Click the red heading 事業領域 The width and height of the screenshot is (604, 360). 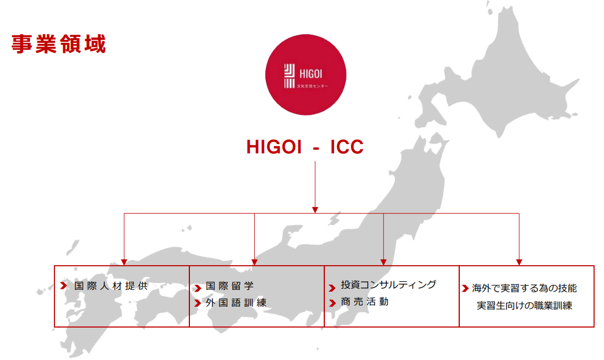click(x=58, y=44)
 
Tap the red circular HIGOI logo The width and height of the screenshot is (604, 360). click(x=305, y=75)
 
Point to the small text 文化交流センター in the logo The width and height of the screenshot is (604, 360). click(x=313, y=86)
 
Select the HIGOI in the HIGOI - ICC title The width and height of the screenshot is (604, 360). click(x=274, y=146)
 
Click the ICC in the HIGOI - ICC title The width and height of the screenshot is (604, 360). click(x=347, y=146)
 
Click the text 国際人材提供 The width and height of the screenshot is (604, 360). click(x=111, y=286)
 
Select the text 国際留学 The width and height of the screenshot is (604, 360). click(x=229, y=286)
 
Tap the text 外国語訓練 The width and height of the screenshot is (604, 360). click(x=236, y=303)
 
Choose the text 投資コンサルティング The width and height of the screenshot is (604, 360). click(x=388, y=285)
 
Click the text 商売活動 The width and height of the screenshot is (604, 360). click(x=364, y=302)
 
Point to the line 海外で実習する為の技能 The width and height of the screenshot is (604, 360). click(x=524, y=288)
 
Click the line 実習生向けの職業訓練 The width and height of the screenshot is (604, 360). click(x=524, y=306)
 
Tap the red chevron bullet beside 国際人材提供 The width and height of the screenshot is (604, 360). click(x=64, y=286)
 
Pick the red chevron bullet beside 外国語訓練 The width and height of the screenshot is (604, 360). click(x=197, y=303)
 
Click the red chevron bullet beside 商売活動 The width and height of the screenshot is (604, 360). click(x=332, y=303)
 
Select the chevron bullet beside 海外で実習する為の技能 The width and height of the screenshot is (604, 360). click(x=466, y=288)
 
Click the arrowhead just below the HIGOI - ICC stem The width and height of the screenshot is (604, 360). click(x=315, y=210)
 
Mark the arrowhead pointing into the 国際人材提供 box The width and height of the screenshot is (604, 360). click(x=124, y=262)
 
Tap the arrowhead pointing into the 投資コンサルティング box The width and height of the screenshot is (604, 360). click(x=383, y=262)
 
